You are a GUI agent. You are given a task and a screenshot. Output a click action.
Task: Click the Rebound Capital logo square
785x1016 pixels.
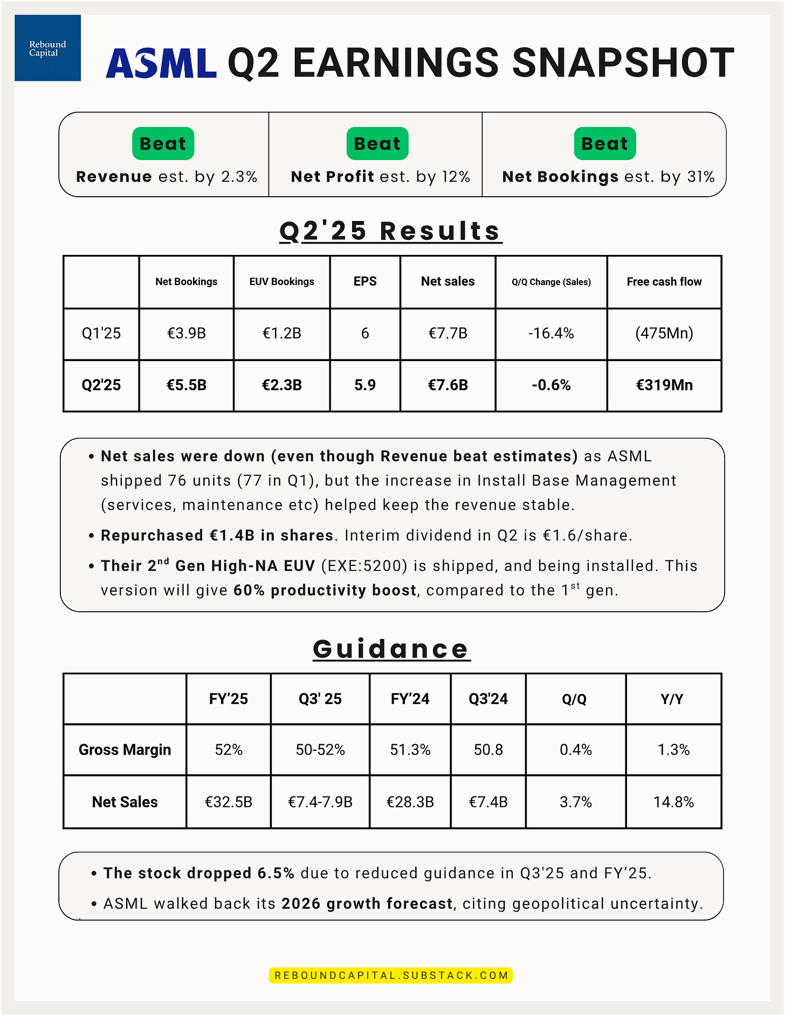[x=47, y=48]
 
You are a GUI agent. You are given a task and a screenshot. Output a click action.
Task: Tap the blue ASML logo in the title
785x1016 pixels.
[x=161, y=63]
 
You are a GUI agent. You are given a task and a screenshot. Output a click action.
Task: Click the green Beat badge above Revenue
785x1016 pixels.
[x=163, y=143]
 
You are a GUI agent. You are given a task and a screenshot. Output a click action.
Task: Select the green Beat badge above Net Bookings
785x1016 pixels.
[x=604, y=143]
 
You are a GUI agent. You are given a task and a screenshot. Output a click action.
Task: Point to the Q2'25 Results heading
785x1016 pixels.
[x=390, y=231]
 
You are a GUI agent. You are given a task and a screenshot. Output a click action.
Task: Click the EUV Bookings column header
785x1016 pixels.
[x=281, y=281]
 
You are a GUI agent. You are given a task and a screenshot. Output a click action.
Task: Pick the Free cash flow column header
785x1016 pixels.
[x=664, y=281]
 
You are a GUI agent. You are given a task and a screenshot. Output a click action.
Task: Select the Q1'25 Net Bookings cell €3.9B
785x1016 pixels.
[x=186, y=333]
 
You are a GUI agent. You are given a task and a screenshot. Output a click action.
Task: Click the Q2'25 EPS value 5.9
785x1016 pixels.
[x=365, y=385]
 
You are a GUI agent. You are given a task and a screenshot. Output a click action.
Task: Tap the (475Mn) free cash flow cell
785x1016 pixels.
[x=664, y=333]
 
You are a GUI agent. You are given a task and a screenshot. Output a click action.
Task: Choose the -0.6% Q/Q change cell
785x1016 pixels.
[x=550, y=385]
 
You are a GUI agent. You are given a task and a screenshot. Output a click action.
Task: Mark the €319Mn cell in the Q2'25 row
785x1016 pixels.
[x=664, y=385]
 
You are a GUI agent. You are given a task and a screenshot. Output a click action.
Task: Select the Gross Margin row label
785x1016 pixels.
[x=125, y=750]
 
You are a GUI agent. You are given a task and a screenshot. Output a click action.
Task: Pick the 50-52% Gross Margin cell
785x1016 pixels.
[x=320, y=750]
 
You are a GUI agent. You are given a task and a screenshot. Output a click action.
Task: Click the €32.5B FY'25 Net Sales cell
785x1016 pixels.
[x=229, y=802]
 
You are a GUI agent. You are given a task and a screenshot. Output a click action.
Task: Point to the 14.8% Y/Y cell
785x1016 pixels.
[x=673, y=802]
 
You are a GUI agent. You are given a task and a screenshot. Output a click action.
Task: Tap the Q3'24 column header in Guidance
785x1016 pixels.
[x=488, y=699]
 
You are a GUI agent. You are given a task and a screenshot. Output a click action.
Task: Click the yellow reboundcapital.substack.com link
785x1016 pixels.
[x=391, y=975]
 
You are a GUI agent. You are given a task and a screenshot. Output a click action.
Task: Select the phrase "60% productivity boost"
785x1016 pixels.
[x=325, y=590]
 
